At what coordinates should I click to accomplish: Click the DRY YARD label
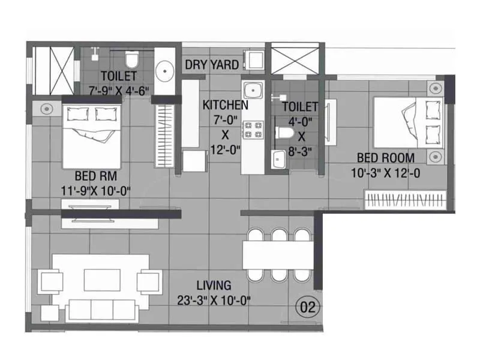point(211,65)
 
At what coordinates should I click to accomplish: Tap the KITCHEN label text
point(225,106)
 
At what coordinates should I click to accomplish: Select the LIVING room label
point(214,286)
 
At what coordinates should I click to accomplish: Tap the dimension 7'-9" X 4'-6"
point(118,90)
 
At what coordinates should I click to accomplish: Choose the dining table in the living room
point(277,254)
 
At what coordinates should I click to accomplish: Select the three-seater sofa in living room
point(101,310)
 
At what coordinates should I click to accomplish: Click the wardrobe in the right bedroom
point(406,200)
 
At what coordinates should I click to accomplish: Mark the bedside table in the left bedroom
point(46,108)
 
